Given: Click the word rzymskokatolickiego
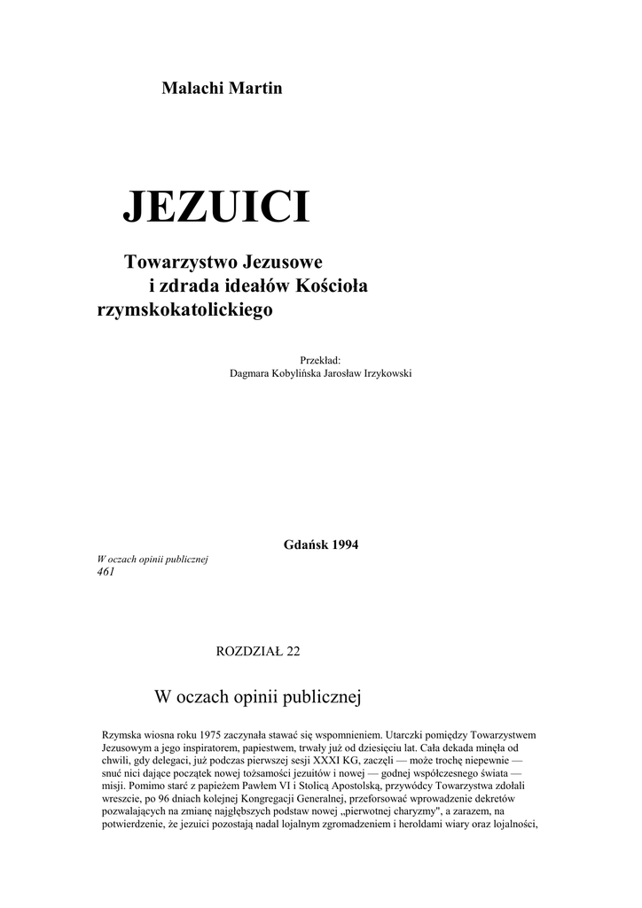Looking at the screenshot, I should [184, 310].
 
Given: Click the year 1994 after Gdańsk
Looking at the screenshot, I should [345, 544].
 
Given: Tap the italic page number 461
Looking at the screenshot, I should [105, 572].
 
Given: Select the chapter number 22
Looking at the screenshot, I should [293, 652].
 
